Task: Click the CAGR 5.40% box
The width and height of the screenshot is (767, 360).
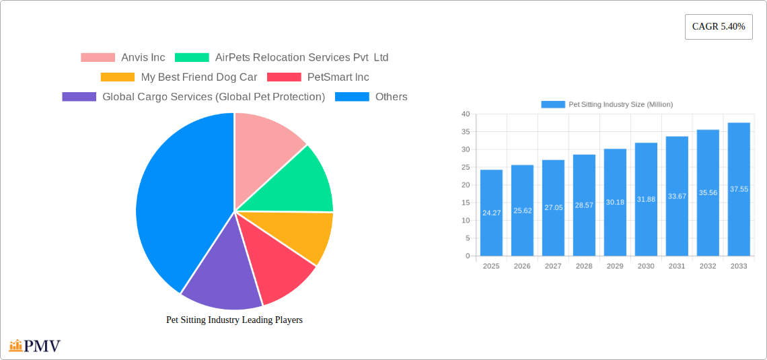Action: [x=719, y=27]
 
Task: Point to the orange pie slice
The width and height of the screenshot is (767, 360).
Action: [x=306, y=236]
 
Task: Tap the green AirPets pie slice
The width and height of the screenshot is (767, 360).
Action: [x=296, y=182]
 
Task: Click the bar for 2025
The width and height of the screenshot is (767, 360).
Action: [x=491, y=213]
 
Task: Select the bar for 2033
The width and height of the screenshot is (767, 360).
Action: [x=739, y=189]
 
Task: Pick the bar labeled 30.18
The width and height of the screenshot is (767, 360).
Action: [x=615, y=202]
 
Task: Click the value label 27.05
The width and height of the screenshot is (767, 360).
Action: [x=553, y=208]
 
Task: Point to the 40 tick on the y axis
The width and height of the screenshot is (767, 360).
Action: [x=466, y=114]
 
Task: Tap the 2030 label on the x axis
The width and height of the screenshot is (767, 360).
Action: [x=646, y=266]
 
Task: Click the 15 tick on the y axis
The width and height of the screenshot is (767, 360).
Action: [x=466, y=203]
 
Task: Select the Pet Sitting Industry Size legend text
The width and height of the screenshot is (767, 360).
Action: [x=620, y=104]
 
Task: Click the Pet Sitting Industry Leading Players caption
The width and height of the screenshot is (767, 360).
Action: [x=234, y=320]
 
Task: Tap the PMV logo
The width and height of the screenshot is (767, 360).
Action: [x=35, y=346]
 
